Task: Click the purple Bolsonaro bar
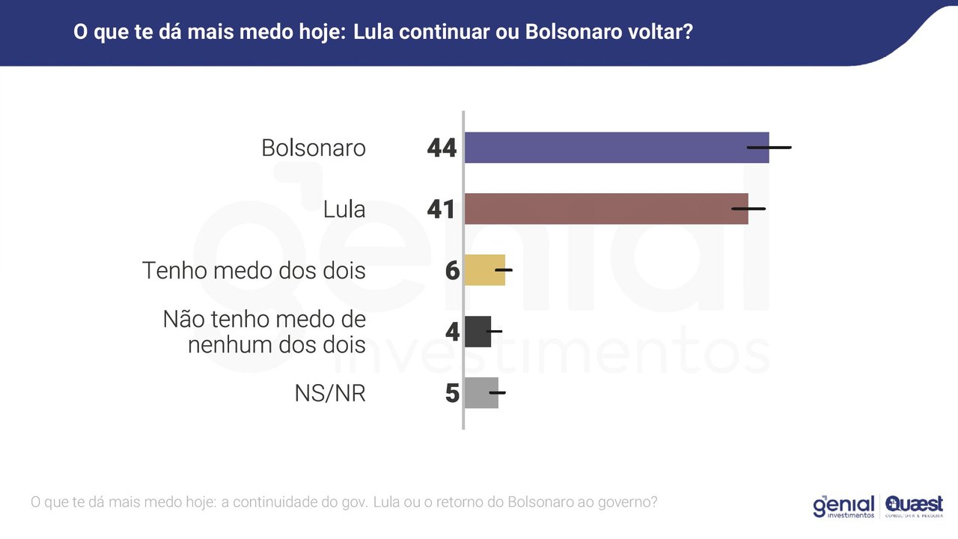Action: pyautogui.click(x=606, y=147)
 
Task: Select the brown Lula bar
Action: pyautogui.click(x=599, y=209)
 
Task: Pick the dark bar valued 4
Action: pyautogui.click(x=476, y=332)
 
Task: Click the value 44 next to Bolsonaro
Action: pyautogui.click(x=442, y=148)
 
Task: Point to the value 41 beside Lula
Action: pyautogui.click(x=442, y=210)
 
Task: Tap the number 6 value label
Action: pyautogui.click(x=452, y=271)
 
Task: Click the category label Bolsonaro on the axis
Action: pyautogui.click(x=314, y=148)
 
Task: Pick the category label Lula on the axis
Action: pyautogui.click(x=344, y=210)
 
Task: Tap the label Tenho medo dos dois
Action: pyautogui.click(x=254, y=270)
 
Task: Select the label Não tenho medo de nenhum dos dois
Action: pyautogui.click(x=265, y=332)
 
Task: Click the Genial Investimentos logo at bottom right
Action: pyautogui.click(x=843, y=506)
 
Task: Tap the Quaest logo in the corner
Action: pyautogui.click(x=914, y=506)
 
